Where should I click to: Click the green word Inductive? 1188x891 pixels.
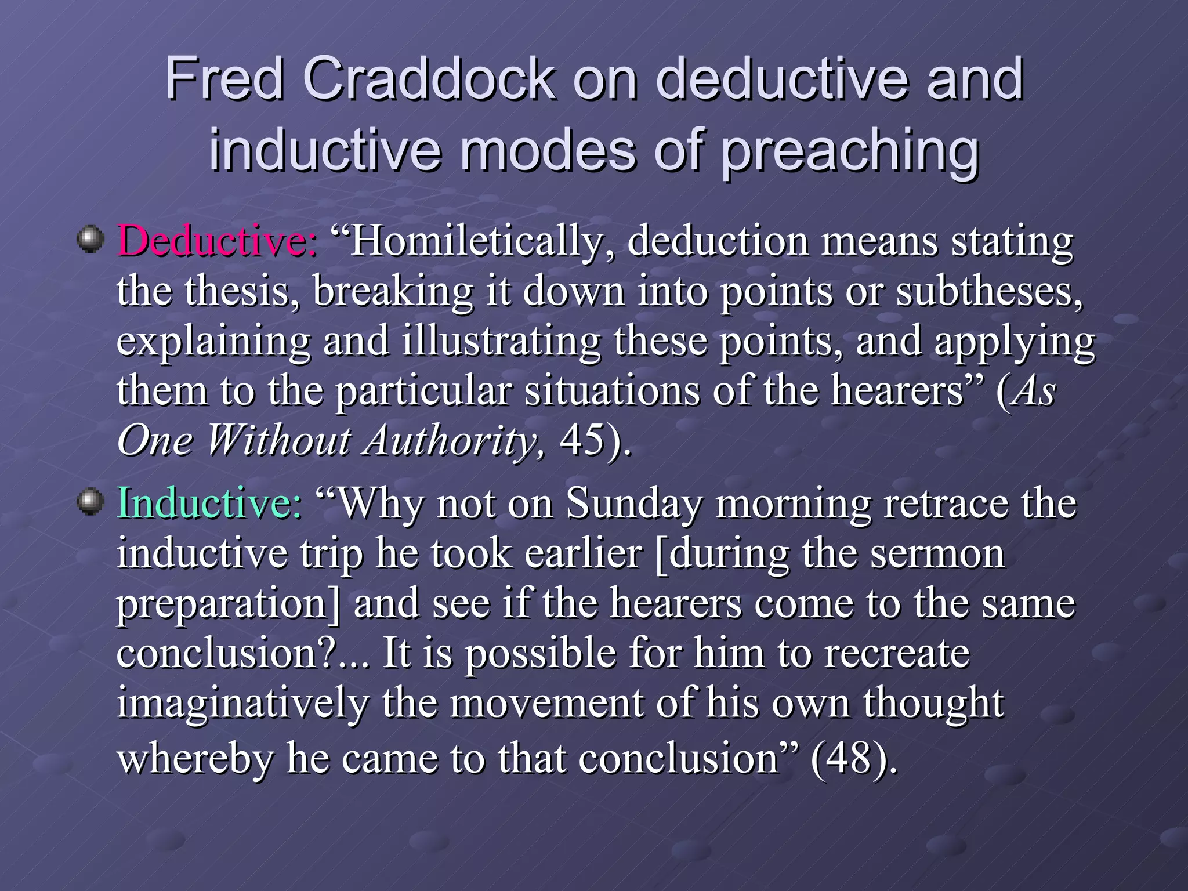[x=209, y=502]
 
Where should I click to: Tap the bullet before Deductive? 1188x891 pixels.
[x=90, y=240]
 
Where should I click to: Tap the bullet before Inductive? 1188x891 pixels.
[x=90, y=501]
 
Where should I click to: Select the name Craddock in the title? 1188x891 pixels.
[x=429, y=79]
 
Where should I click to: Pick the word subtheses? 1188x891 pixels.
[x=989, y=291]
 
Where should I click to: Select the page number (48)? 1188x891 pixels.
[x=853, y=758]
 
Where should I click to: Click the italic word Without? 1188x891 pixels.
[x=278, y=441]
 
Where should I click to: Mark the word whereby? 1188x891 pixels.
[x=195, y=758]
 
